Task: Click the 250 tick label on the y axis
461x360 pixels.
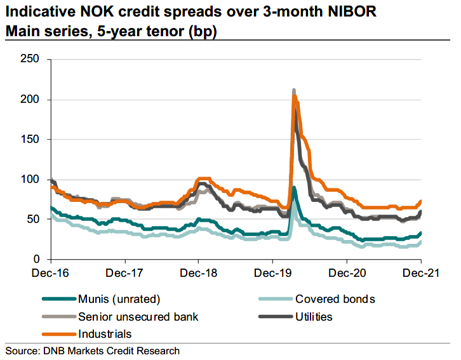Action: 30,59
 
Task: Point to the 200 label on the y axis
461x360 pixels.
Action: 30,99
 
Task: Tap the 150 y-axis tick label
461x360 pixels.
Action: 30,139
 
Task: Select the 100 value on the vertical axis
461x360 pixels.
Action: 30,179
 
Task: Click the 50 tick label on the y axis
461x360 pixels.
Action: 33,219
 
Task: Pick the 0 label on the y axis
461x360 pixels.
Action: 36,259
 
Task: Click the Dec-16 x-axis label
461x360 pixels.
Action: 50,273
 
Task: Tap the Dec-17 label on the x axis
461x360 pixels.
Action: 124,273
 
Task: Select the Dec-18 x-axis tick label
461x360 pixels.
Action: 199,273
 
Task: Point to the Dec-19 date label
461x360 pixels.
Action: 273,273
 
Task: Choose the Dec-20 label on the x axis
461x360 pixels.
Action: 347,273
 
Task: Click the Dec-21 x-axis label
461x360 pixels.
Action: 421,273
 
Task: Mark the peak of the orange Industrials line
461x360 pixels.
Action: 295,96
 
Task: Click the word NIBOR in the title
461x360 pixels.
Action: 352,12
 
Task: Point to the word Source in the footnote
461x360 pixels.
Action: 22,351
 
